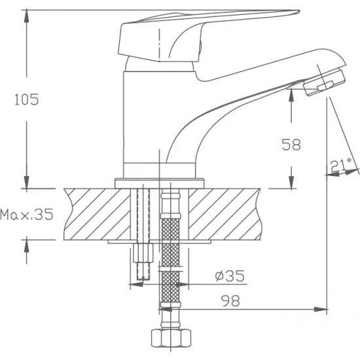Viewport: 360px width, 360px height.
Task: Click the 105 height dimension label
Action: [26, 99]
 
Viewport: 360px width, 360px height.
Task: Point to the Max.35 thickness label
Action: [27, 214]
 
